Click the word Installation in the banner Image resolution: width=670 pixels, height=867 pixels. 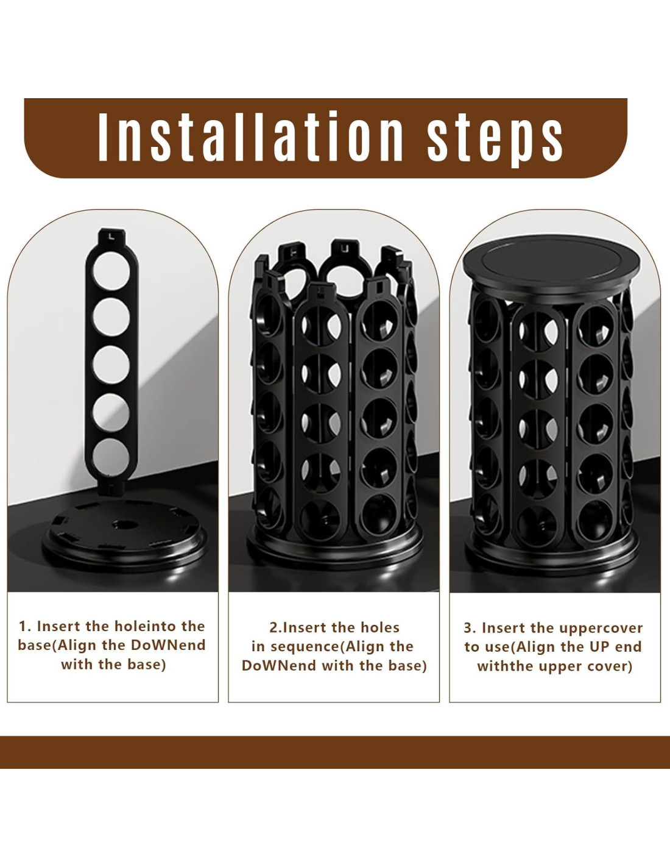coord(251,137)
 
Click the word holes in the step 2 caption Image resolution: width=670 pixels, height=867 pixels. coord(380,627)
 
